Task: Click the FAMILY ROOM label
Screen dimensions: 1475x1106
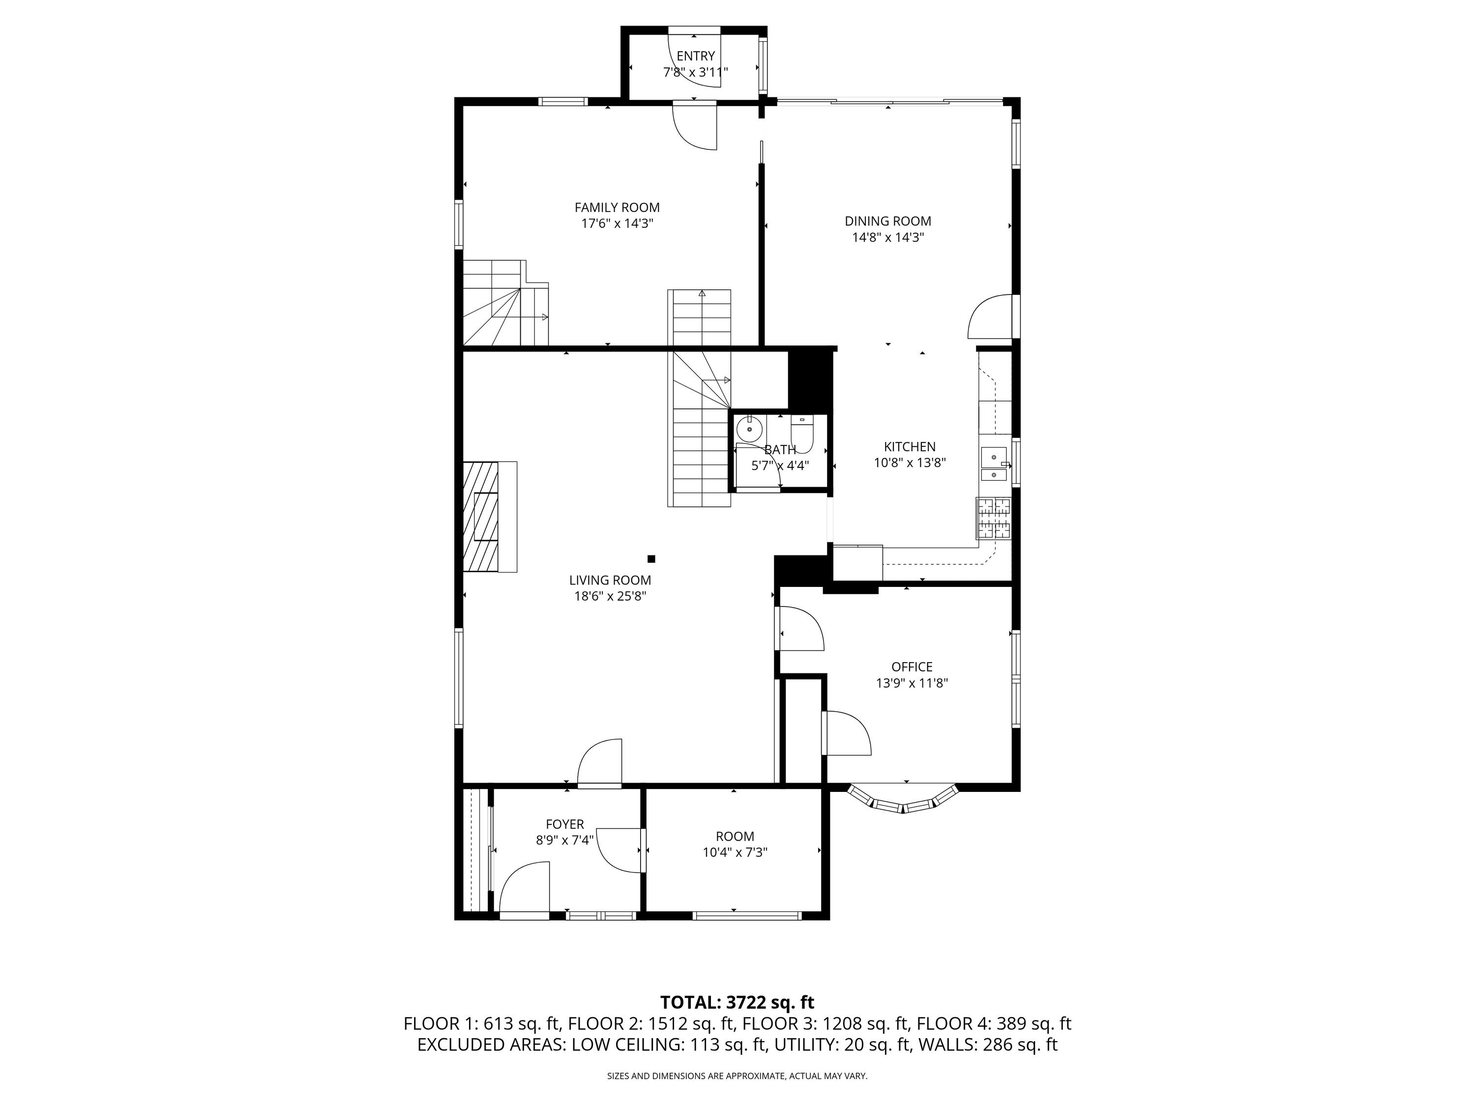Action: [x=617, y=207]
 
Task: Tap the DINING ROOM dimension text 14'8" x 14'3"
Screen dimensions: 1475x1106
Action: [x=887, y=237]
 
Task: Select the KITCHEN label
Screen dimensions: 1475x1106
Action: [x=910, y=447]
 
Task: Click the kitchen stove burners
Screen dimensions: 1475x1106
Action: [x=994, y=519]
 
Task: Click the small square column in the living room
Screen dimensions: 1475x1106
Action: [x=651, y=559]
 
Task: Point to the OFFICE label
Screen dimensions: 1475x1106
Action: [x=912, y=667]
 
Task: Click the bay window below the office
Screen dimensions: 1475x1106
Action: [x=903, y=800]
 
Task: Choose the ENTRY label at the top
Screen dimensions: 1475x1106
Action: [x=696, y=56]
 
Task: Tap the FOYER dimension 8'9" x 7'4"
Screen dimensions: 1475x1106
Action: [x=565, y=841]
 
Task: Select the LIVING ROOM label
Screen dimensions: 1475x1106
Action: [x=610, y=581]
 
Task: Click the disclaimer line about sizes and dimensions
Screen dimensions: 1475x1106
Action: [x=737, y=1076]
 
